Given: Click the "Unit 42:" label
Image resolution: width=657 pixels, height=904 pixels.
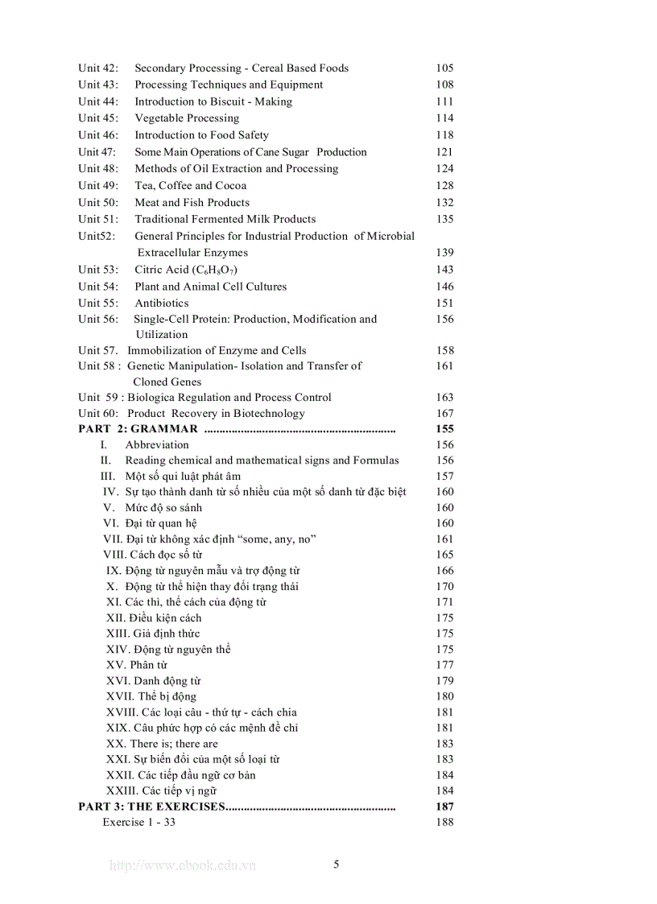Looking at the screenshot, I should pos(98,68).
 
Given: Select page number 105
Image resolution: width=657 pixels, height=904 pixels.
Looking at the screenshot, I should pos(444,68).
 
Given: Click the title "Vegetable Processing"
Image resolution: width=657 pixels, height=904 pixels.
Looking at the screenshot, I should pos(187,118).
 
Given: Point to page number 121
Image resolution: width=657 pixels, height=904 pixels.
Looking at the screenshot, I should pos(444,152).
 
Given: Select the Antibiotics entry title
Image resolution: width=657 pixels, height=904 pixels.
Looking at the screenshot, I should pos(162,303).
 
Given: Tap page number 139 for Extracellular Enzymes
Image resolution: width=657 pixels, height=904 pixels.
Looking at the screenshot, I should pos(444,253).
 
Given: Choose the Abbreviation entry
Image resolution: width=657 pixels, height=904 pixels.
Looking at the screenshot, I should pos(157,445).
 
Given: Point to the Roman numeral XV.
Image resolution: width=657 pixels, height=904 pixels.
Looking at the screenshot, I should pos(115,665).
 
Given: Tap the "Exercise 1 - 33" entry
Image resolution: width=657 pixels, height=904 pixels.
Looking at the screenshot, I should pos(138,822).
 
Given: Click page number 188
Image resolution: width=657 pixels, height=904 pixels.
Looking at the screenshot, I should pos(444,822).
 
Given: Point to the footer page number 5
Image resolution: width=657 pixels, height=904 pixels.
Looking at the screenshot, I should pos(337,865).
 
